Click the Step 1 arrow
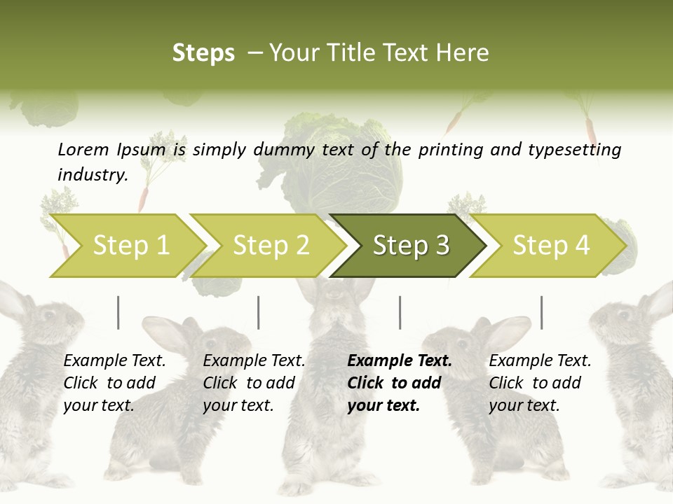130,246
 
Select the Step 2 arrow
271,246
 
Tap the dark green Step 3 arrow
410,246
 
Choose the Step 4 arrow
550,246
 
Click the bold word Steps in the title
203,53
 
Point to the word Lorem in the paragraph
83,149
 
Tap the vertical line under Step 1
118,312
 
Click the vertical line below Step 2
259,312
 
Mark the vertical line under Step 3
400,312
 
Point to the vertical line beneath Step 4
541,312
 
